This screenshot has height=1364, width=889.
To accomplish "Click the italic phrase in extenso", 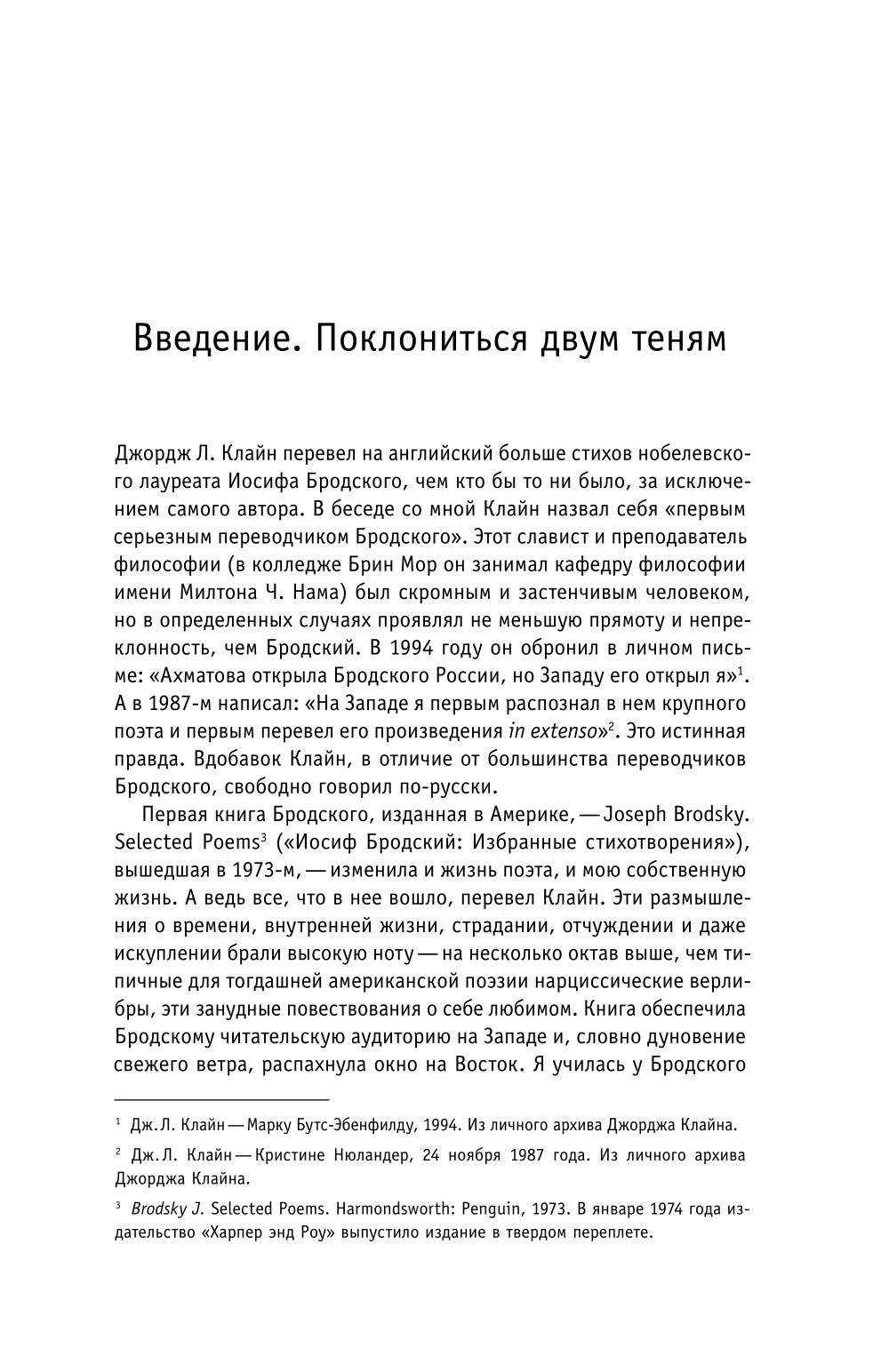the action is pyautogui.click(x=552, y=732).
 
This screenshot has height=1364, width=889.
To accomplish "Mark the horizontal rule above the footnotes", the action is pyautogui.click(x=191, y=1099).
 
